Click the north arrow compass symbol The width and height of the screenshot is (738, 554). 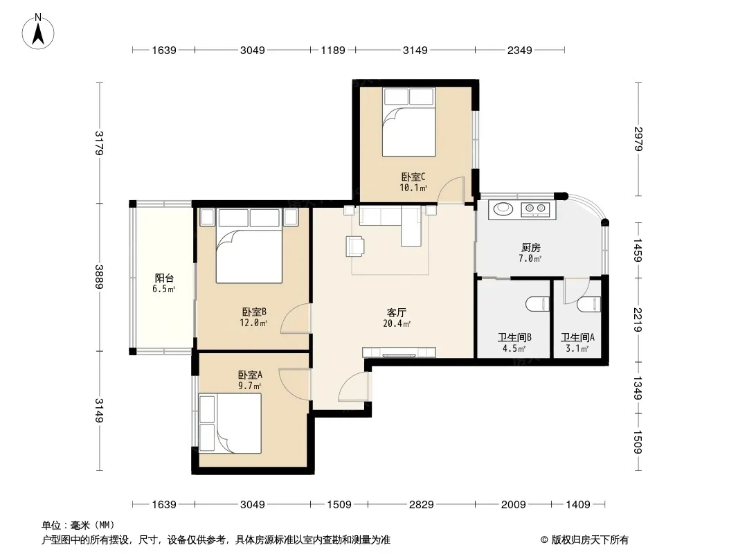pyautogui.click(x=38, y=32)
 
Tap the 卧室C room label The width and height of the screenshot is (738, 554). pyautogui.click(x=413, y=177)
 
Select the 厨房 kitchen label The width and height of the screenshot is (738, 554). pyautogui.click(x=530, y=248)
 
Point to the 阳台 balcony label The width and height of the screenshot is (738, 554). pyautogui.click(x=164, y=278)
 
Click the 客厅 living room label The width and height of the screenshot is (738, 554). pyautogui.click(x=396, y=312)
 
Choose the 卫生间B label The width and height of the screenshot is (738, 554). pyautogui.click(x=514, y=337)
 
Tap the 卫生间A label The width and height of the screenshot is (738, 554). pyautogui.click(x=577, y=337)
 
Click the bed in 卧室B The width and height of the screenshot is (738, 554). pyautogui.click(x=249, y=246)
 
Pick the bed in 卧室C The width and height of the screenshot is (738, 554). pyautogui.click(x=408, y=123)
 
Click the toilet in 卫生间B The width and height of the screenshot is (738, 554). pyautogui.click(x=538, y=304)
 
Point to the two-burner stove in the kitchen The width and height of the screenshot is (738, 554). pyautogui.click(x=536, y=208)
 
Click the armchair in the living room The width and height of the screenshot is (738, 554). pyautogui.click(x=355, y=246)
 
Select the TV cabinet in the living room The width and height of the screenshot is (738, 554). pyautogui.click(x=399, y=352)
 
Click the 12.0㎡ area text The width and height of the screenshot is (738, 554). pyautogui.click(x=253, y=323)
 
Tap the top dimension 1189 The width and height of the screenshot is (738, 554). pyautogui.click(x=333, y=50)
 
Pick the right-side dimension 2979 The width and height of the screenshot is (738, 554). pyautogui.click(x=638, y=139)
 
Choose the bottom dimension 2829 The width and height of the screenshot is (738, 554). pyautogui.click(x=421, y=505)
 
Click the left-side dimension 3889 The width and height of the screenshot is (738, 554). pyautogui.click(x=99, y=277)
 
